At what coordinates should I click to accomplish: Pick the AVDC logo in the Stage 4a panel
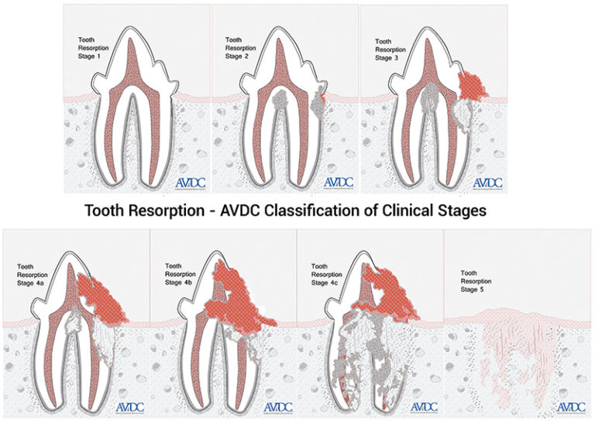[x=127, y=407]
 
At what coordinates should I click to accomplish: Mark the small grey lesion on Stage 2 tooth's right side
[x=316, y=103]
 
